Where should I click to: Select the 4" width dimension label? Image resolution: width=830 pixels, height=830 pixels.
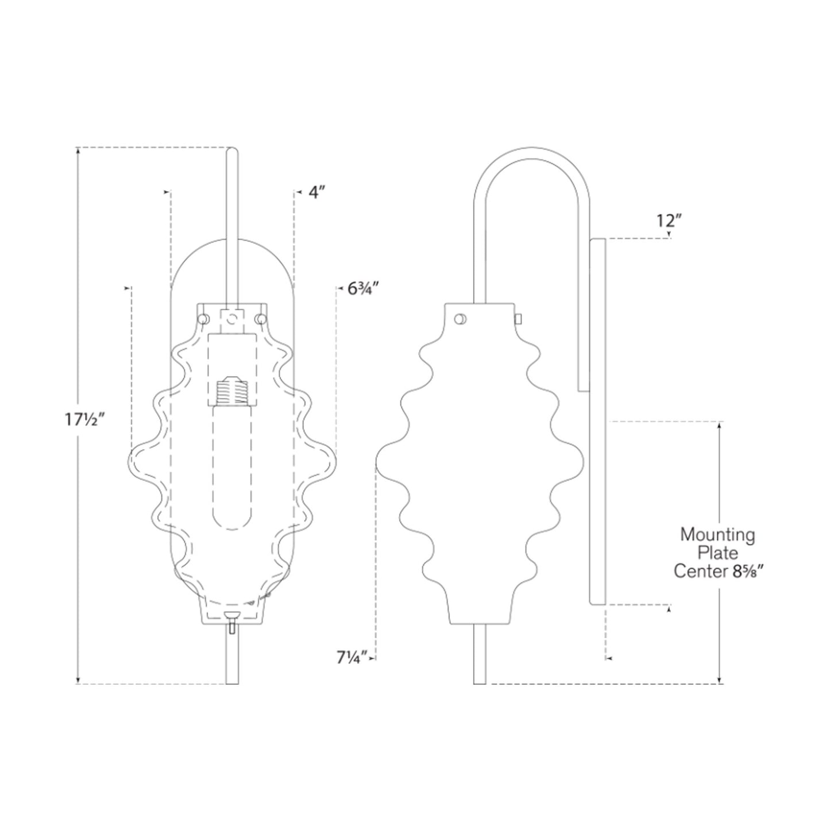[317, 192]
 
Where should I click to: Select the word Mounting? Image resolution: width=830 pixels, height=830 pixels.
[717, 535]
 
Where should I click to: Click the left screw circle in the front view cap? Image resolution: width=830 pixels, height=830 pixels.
[203, 318]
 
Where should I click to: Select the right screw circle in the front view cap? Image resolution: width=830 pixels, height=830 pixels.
[261, 318]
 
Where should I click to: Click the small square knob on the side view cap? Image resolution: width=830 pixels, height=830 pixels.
[518, 318]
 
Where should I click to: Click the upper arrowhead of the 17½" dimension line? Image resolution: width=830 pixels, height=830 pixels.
[78, 151]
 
